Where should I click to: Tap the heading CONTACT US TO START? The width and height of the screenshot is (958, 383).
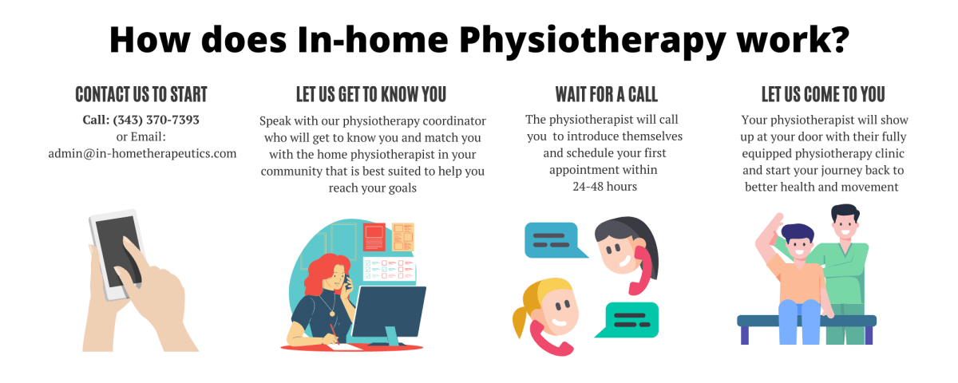pyautogui.click(x=141, y=94)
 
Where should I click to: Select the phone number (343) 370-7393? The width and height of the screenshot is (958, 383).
pyautogui.click(x=156, y=120)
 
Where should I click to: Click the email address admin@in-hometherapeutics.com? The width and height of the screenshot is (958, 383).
pyautogui.click(x=142, y=153)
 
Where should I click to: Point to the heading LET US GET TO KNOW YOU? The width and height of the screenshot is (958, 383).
pyautogui.click(x=370, y=94)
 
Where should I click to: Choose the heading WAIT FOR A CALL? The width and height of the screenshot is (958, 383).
pyautogui.click(x=606, y=94)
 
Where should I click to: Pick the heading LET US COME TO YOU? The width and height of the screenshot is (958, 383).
pyautogui.click(x=823, y=94)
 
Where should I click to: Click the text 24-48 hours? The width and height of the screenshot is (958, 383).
pyautogui.click(x=604, y=187)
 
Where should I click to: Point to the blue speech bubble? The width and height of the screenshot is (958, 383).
pyautogui.click(x=551, y=239)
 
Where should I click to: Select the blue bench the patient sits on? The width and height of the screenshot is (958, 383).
pyautogui.click(x=806, y=321)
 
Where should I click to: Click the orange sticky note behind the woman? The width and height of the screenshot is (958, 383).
pyautogui.click(x=403, y=237)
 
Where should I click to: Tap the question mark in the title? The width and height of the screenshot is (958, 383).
pyautogui.click(x=835, y=39)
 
